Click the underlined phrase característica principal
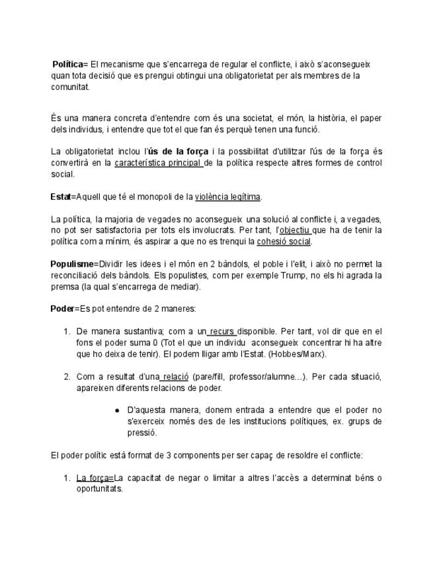pyautogui.click(x=158, y=163)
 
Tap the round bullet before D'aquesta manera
pyautogui.click(x=117, y=410)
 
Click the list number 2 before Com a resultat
pyautogui.click(x=67, y=377)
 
